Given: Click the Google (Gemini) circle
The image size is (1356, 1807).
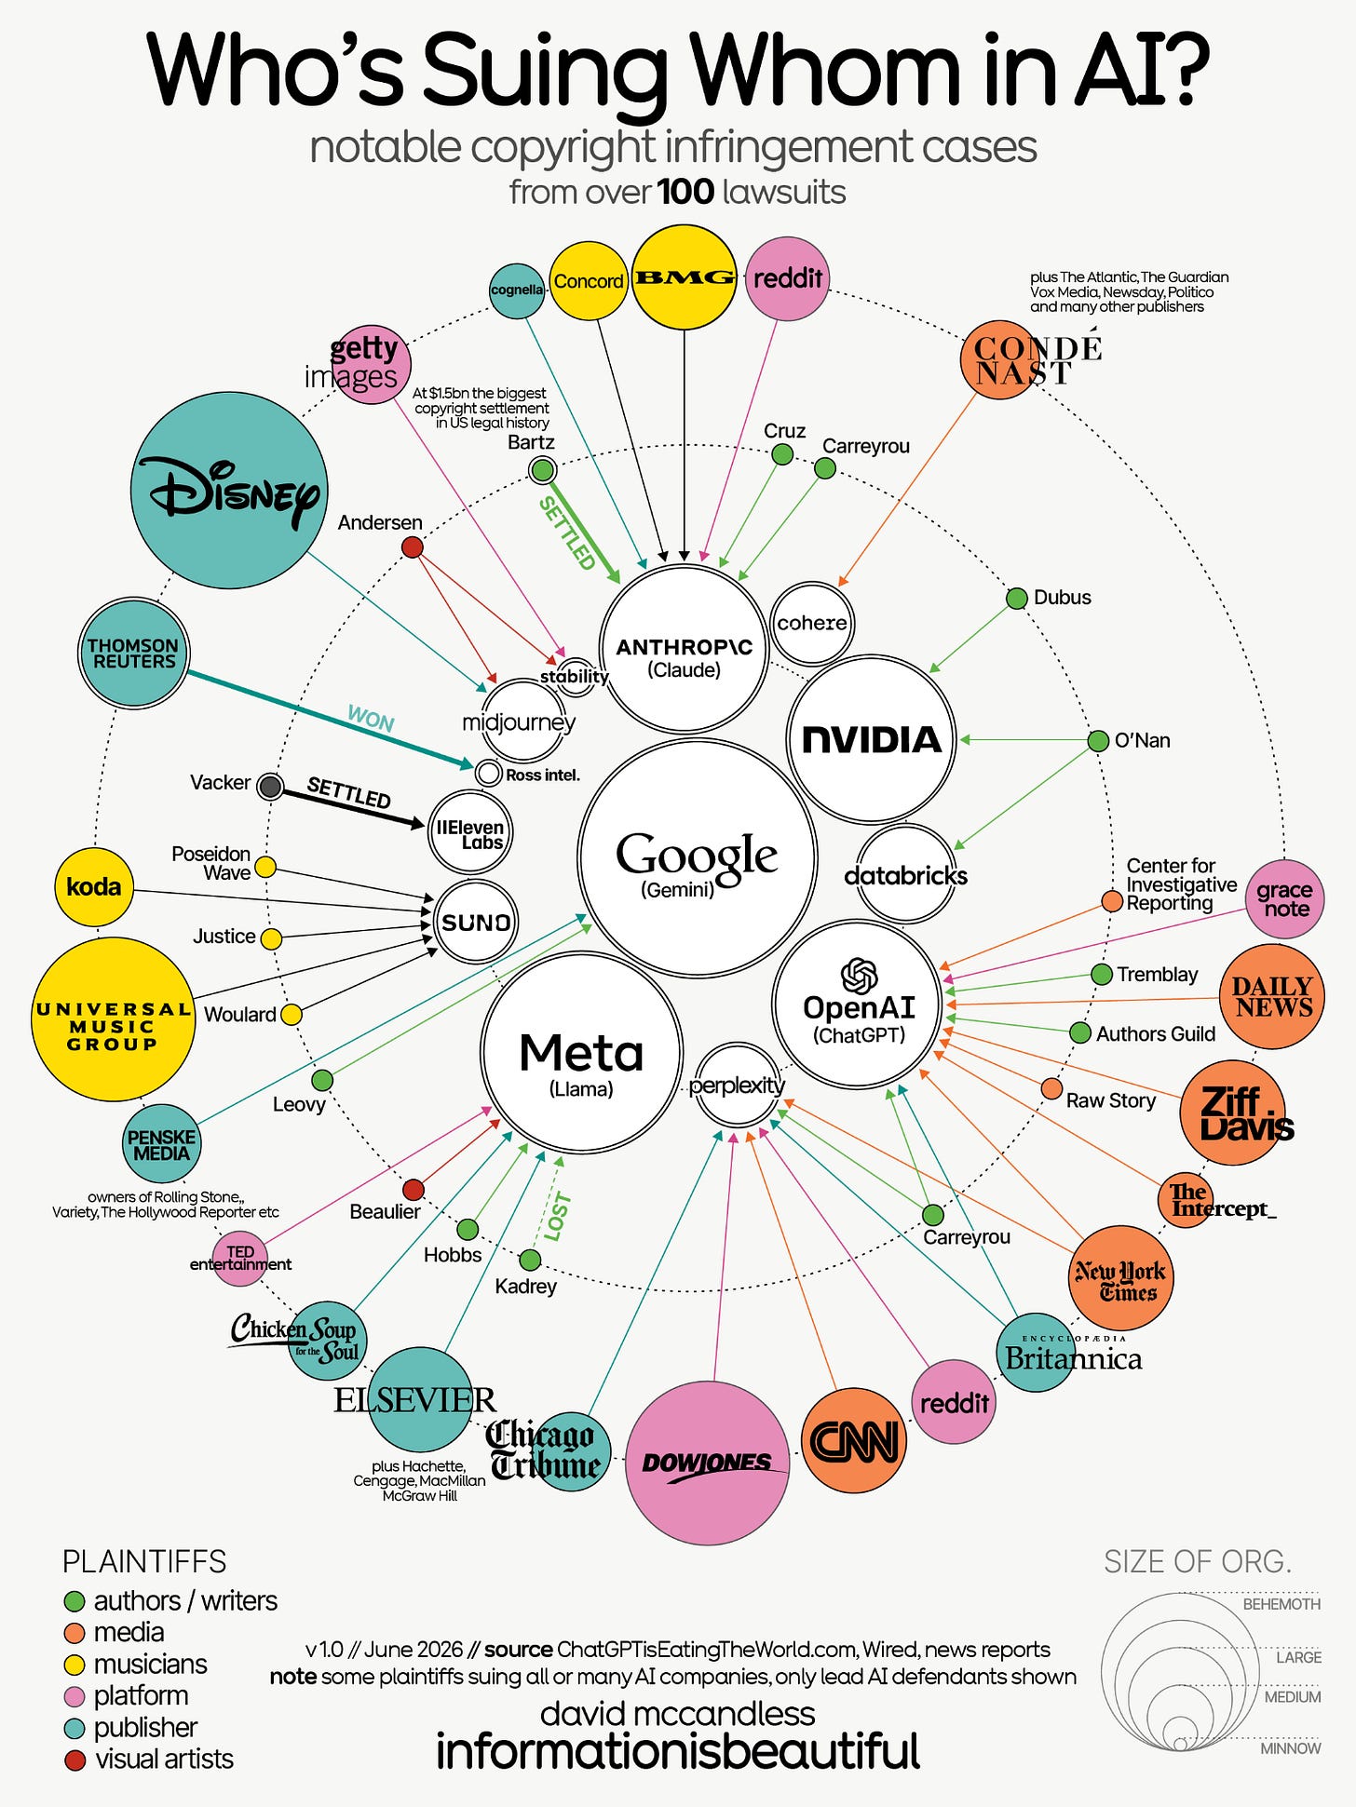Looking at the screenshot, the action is pos(698,858).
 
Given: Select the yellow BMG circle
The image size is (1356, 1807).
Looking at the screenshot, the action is pos(685,277).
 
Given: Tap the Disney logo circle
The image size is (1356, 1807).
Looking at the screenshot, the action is pos(229,490).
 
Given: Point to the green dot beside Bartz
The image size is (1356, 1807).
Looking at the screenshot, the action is pos(543,469).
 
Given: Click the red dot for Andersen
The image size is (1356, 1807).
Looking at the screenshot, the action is pos(412,546).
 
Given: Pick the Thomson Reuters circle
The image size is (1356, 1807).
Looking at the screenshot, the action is pos(134,653).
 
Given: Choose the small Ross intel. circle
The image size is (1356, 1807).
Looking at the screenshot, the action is pos(488,773).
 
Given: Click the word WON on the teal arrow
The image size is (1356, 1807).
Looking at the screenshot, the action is pos(371,719).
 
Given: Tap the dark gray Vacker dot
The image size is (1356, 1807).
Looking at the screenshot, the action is pos(270,787).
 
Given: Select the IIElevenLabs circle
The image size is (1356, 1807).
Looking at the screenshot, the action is pos(470,831).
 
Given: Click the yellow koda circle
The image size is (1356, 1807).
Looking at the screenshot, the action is pos(94,887).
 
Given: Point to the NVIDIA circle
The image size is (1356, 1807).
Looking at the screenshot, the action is pos(872,740).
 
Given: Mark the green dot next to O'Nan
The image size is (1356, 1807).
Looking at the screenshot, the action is pos(1099,741).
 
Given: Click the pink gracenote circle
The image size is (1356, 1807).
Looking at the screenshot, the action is pos(1284,899).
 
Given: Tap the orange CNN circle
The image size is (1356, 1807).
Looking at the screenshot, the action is pos(854,1440).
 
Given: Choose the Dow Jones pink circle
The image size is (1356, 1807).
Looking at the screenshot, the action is pos(708,1463).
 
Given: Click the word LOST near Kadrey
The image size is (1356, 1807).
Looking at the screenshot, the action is pos(557,1217).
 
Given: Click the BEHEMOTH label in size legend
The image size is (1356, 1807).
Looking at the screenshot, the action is pos(1281,1604).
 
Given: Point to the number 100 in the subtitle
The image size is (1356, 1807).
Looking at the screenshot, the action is pos(685,192).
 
